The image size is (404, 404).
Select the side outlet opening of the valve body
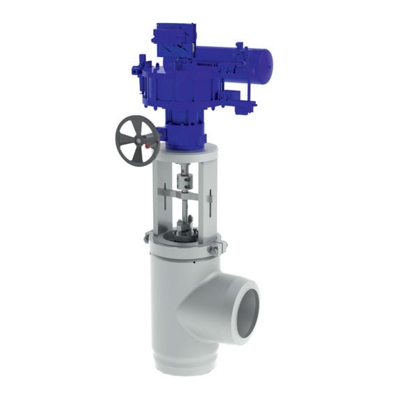click(x=246, y=305)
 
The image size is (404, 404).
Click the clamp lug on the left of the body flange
click(x=147, y=237)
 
